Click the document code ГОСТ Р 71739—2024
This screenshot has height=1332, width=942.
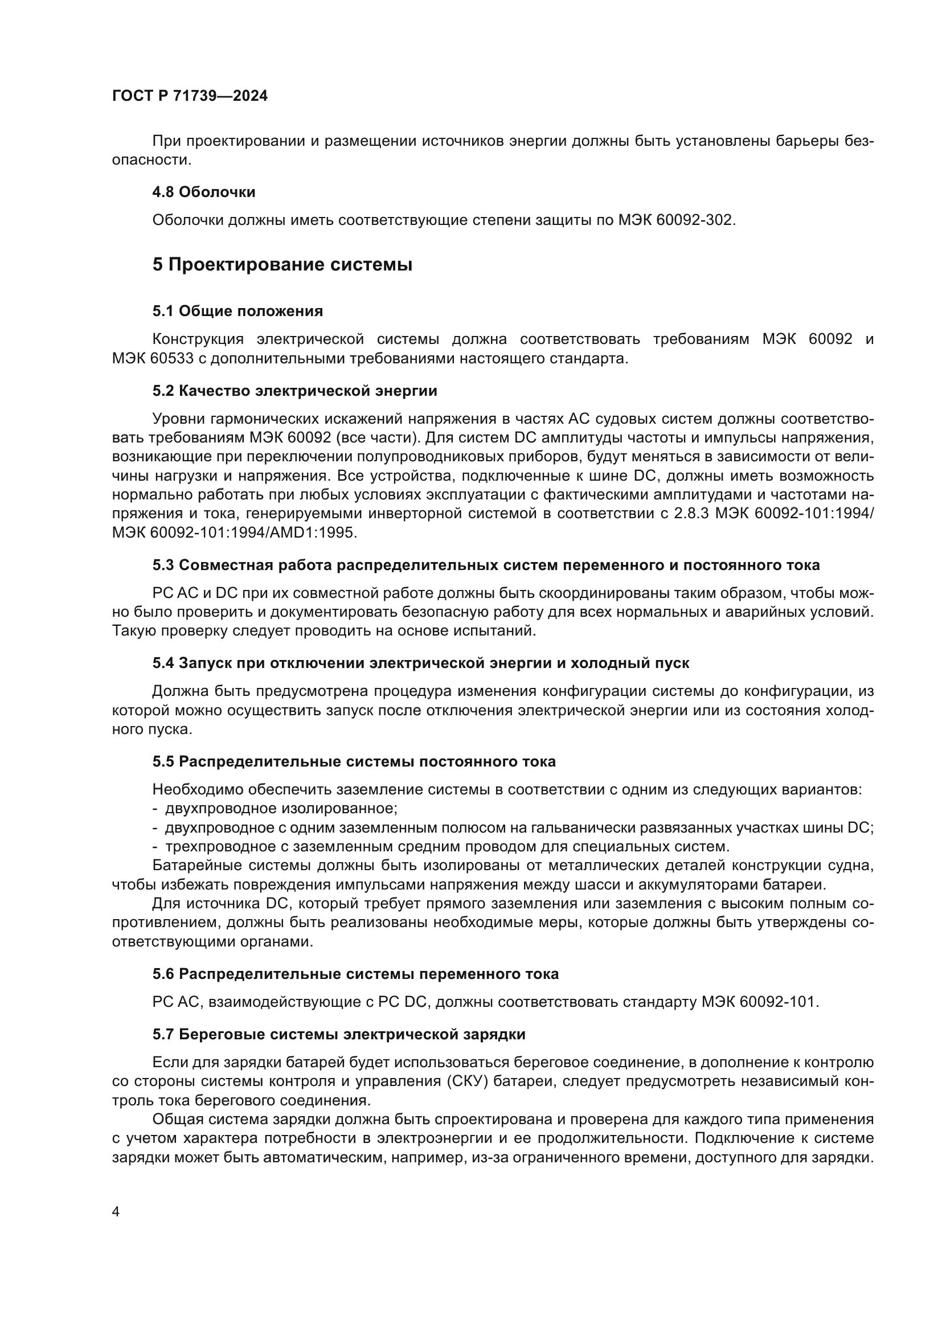[190, 96]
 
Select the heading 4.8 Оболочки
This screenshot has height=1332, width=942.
[203, 192]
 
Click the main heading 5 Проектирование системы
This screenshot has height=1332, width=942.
[282, 265]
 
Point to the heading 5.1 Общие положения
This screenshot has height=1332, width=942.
[237, 312]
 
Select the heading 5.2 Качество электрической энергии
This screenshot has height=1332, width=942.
[294, 391]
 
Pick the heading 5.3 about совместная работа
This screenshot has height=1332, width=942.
[485, 565]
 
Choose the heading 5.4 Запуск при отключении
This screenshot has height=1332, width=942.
[420, 663]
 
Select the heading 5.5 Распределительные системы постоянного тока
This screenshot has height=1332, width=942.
[354, 762]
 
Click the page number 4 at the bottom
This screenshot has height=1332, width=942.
[116, 1212]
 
